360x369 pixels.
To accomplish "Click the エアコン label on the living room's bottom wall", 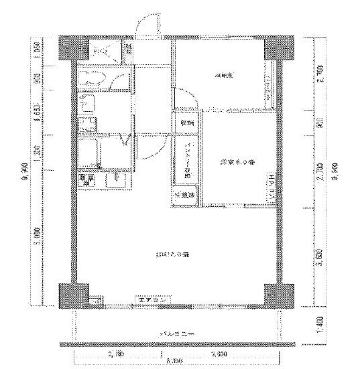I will click(x=152, y=299).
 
